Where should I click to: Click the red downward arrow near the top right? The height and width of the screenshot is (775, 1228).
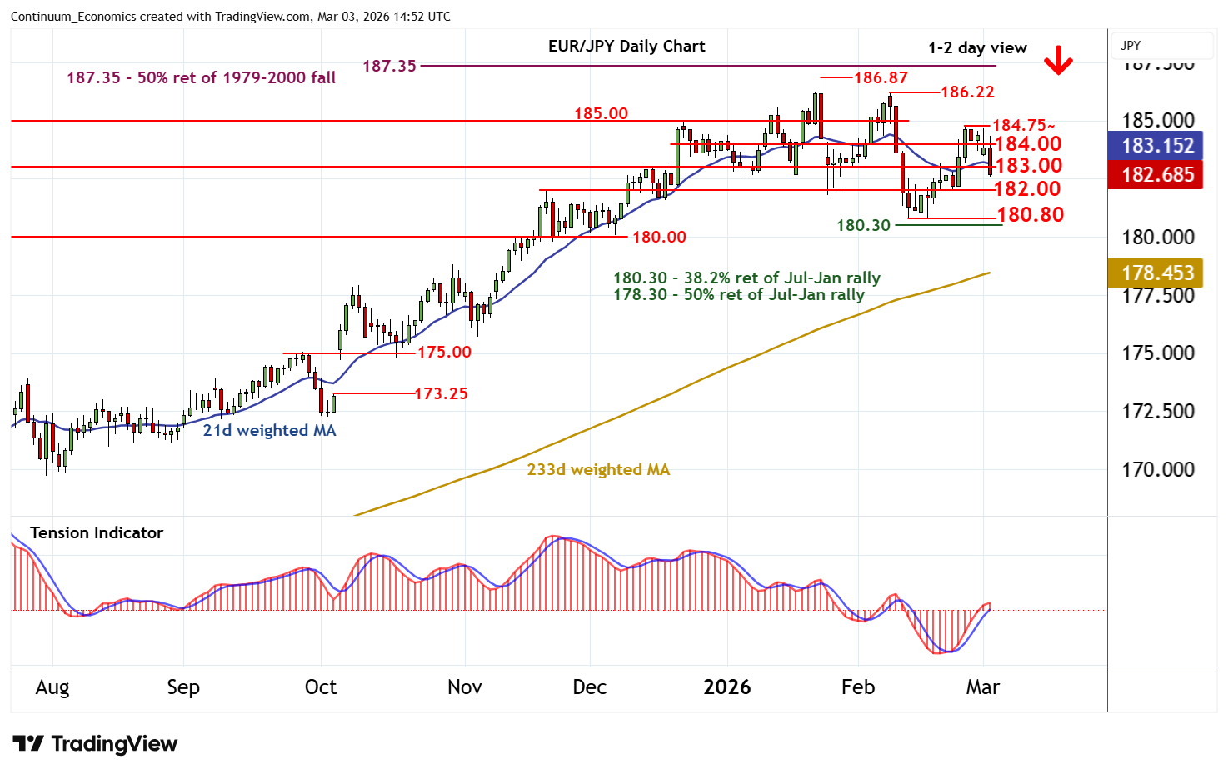tap(1058, 61)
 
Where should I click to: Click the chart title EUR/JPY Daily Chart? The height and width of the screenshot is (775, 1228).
tap(626, 47)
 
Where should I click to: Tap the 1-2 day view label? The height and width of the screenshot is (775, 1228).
tap(977, 48)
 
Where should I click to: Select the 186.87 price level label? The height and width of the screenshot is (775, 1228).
tap(881, 78)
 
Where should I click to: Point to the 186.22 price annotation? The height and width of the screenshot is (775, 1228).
tap(967, 92)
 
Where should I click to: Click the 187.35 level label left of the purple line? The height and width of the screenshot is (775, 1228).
tap(389, 66)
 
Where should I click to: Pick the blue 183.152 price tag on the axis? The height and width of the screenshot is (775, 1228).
tap(1157, 146)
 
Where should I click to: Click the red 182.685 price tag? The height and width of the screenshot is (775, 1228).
tap(1157, 175)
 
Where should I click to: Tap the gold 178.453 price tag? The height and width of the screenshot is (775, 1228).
tap(1157, 273)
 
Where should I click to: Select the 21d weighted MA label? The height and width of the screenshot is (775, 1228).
tap(269, 431)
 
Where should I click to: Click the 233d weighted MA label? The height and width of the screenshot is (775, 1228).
tap(598, 470)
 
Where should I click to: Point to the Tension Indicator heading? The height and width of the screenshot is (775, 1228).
tap(97, 533)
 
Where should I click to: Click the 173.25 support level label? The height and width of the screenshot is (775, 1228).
tap(441, 393)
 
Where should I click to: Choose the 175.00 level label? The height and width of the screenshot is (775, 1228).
tap(444, 352)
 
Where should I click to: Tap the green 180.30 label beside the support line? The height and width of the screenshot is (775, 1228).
tap(863, 226)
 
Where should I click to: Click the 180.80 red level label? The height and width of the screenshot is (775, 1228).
tap(1031, 215)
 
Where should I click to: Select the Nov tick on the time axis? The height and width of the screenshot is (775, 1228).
tap(464, 687)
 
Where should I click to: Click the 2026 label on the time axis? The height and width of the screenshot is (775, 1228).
tap(726, 687)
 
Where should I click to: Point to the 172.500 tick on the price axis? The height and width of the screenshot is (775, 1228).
tap(1157, 412)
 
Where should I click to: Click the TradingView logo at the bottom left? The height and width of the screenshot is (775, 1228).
tap(95, 743)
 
